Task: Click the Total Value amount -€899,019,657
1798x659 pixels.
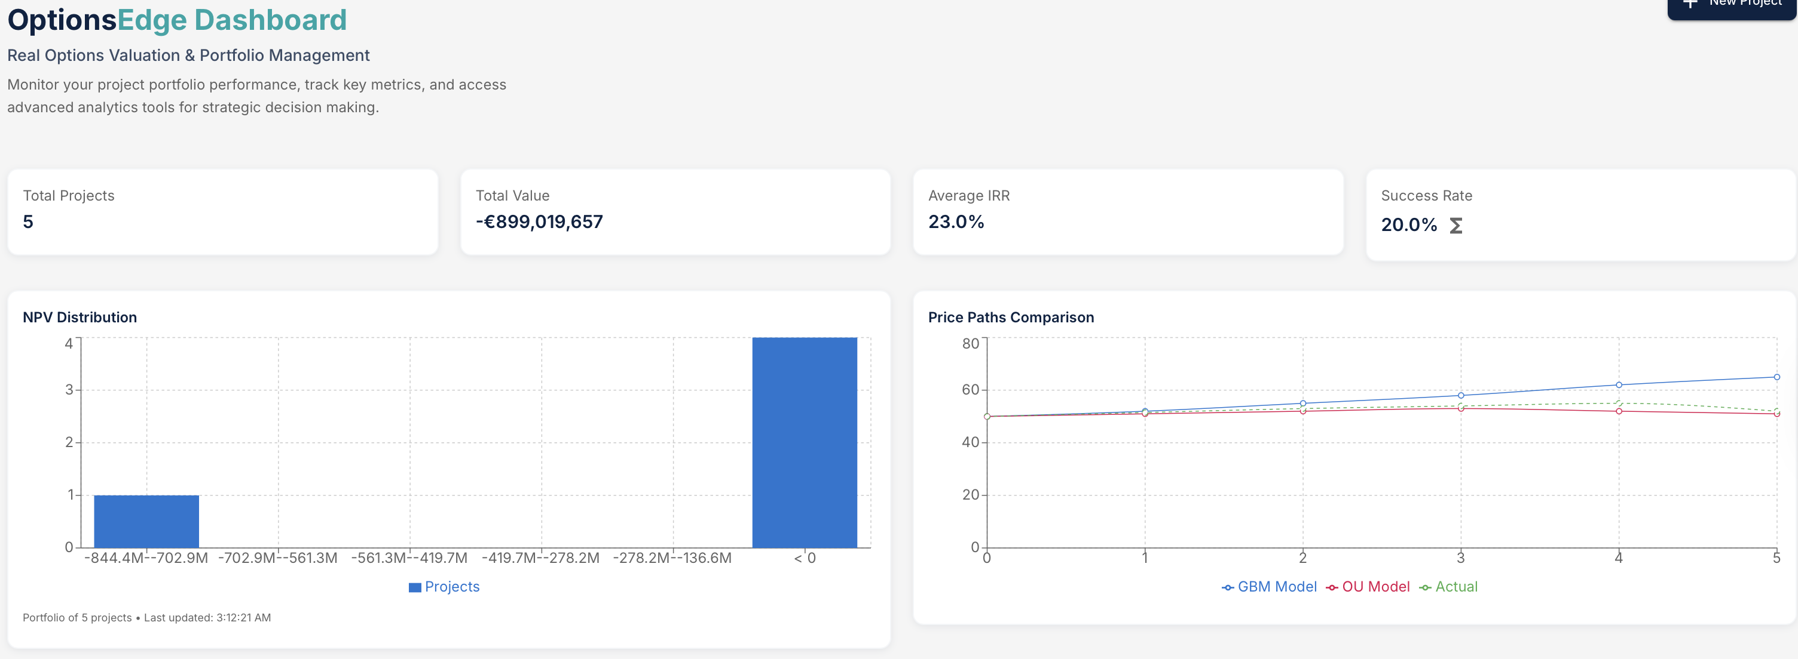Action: (x=539, y=222)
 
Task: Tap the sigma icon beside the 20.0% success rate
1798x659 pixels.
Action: (x=1455, y=226)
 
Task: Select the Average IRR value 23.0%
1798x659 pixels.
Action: (x=956, y=222)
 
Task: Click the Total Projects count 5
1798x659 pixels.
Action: (x=28, y=222)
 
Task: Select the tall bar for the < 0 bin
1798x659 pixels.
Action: (x=804, y=442)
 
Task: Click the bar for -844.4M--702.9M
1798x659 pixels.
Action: (x=146, y=521)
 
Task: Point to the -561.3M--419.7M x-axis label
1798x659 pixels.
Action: (x=409, y=558)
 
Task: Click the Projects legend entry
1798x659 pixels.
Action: (x=444, y=587)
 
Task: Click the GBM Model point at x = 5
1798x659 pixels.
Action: (x=1776, y=377)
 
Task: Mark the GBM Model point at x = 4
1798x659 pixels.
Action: (x=1619, y=385)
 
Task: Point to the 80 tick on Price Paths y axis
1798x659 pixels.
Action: (x=970, y=343)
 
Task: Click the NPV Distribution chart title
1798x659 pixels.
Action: (x=79, y=318)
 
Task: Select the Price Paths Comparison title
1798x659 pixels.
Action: (x=1011, y=318)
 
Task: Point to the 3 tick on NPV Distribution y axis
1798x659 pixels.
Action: (x=69, y=389)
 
